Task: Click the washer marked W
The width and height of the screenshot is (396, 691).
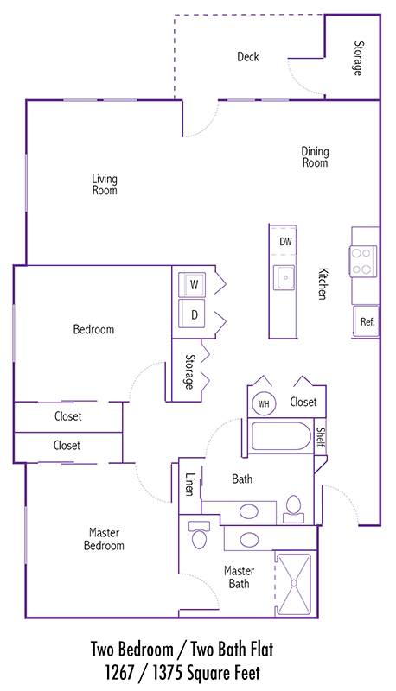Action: point(192,285)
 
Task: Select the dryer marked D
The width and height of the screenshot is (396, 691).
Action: point(192,314)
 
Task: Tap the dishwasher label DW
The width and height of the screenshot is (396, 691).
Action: point(285,242)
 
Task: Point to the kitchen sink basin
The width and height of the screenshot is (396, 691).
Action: point(284,277)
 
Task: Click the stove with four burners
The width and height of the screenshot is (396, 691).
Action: point(363,261)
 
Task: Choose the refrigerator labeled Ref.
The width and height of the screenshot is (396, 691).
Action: point(366,321)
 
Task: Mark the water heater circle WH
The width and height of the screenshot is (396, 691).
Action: point(264,403)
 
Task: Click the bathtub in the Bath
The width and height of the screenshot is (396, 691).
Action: point(281,436)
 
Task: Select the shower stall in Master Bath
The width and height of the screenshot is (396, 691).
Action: point(293,584)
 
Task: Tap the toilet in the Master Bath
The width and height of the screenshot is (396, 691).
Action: point(200,535)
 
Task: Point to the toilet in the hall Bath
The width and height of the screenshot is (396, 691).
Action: point(293,508)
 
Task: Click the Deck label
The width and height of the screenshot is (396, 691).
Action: point(248,56)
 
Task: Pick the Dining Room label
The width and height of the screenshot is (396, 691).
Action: point(315,157)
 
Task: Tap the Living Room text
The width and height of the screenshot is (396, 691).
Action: point(105,185)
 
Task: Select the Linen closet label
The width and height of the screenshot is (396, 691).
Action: point(190,485)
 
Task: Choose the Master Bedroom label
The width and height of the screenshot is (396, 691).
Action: point(104,539)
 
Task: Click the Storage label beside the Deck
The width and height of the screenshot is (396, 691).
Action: point(359,58)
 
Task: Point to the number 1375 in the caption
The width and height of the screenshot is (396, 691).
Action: point(167,673)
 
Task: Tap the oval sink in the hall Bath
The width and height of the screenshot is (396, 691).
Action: point(249,511)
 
